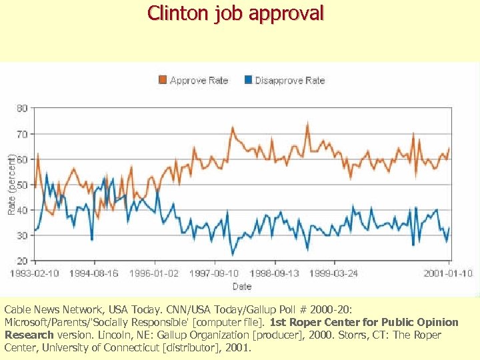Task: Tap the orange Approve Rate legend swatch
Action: click(x=163, y=80)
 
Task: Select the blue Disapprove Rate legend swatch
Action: click(x=249, y=80)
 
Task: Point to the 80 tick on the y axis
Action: click(x=22, y=108)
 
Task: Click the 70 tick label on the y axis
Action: click(x=22, y=133)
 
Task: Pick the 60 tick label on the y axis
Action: click(x=22, y=159)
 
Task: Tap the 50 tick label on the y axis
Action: click(x=22, y=184)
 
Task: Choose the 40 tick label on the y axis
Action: click(x=22, y=209)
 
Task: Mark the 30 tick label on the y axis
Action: click(x=22, y=235)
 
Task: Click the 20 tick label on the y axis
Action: click(x=22, y=260)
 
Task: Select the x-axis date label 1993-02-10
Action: click(x=35, y=273)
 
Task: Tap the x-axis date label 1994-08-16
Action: click(x=94, y=273)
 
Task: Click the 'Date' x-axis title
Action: click(x=241, y=286)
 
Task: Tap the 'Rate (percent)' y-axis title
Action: click(x=11, y=184)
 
